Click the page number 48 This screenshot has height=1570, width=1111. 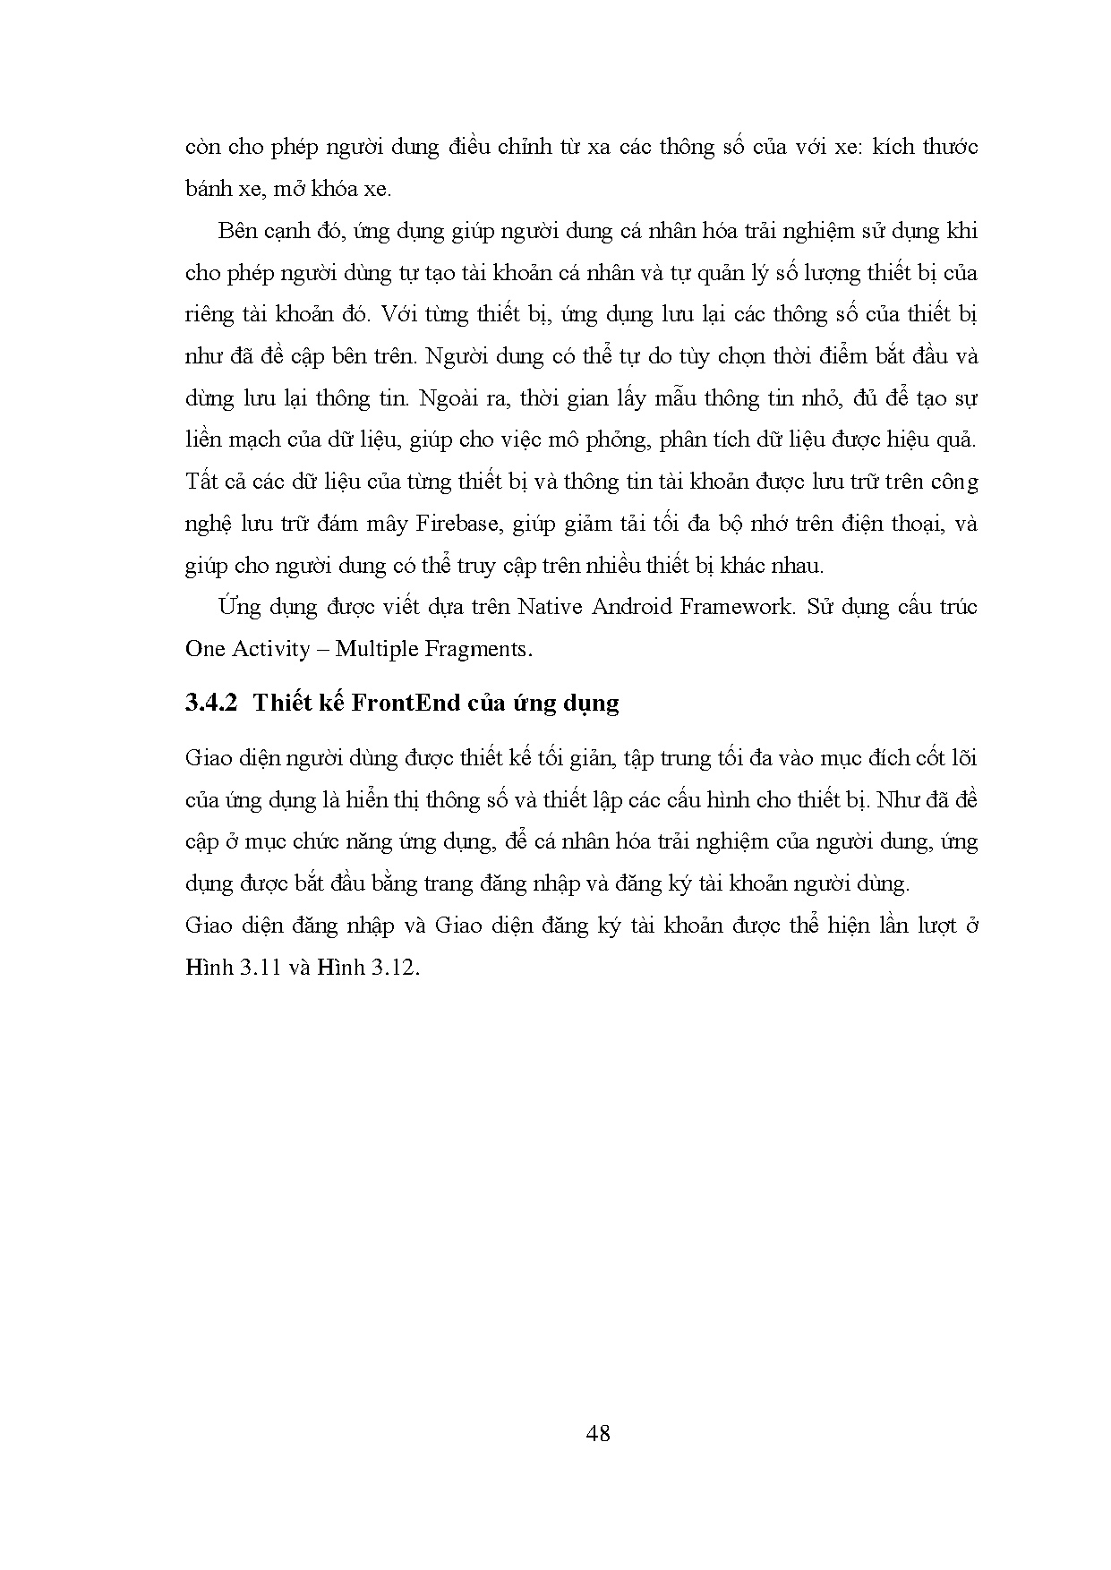click(x=598, y=1433)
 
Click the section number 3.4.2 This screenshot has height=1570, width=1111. click(x=210, y=703)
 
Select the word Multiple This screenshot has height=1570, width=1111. click(x=380, y=648)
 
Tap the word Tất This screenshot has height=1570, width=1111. click(x=201, y=482)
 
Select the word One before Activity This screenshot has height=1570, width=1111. click(x=205, y=648)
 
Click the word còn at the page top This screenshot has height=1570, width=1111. click(x=202, y=148)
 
